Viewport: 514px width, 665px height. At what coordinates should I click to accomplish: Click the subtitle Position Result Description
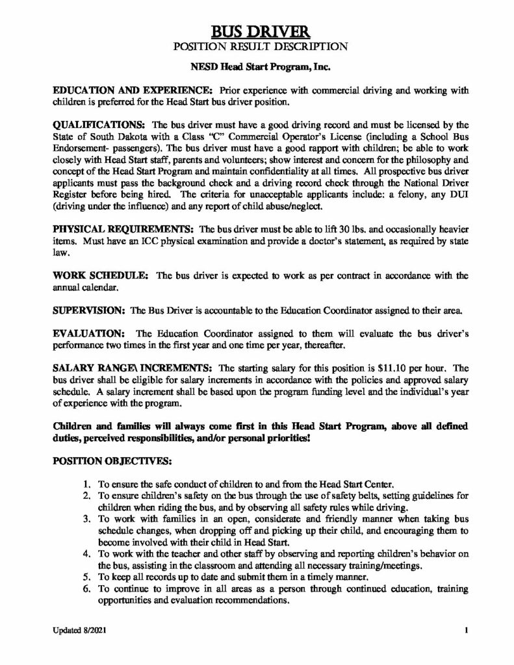(x=257, y=46)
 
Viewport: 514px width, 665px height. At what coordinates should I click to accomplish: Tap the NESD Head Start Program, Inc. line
(x=257, y=67)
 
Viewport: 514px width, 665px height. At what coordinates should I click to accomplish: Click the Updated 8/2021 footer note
(x=77, y=631)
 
